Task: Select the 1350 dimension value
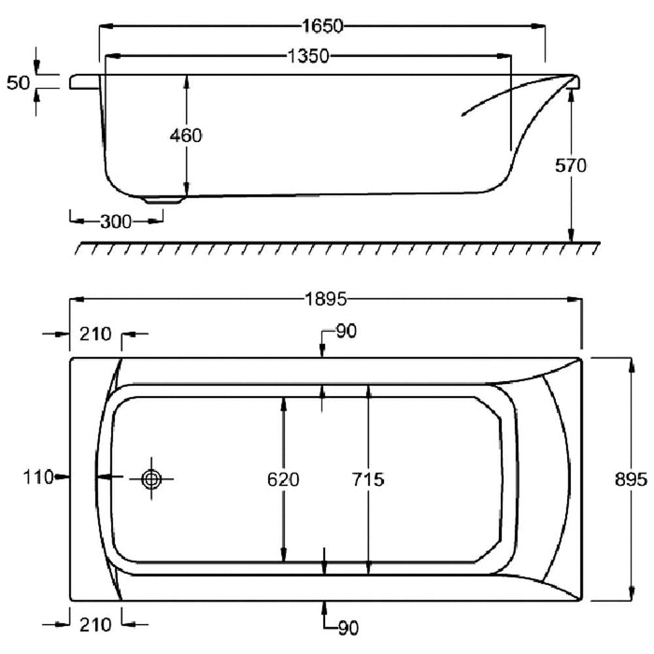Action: pyautogui.click(x=306, y=57)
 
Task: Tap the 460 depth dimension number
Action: pyautogui.click(x=186, y=135)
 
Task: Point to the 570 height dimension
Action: pyautogui.click(x=569, y=166)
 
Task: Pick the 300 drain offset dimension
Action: pyautogui.click(x=116, y=221)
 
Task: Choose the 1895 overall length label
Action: pyautogui.click(x=325, y=300)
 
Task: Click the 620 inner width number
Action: pyautogui.click(x=282, y=479)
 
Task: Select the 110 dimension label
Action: pyautogui.click(x=36, y=477)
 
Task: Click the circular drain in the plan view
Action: pyautogui.click(x=152, y=477)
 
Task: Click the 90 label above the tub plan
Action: pyautogui.click(x=345, y=332)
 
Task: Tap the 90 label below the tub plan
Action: pyautogui.click(x=348, y=629)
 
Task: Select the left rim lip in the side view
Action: pyautogui.click(x=84, y=82)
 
